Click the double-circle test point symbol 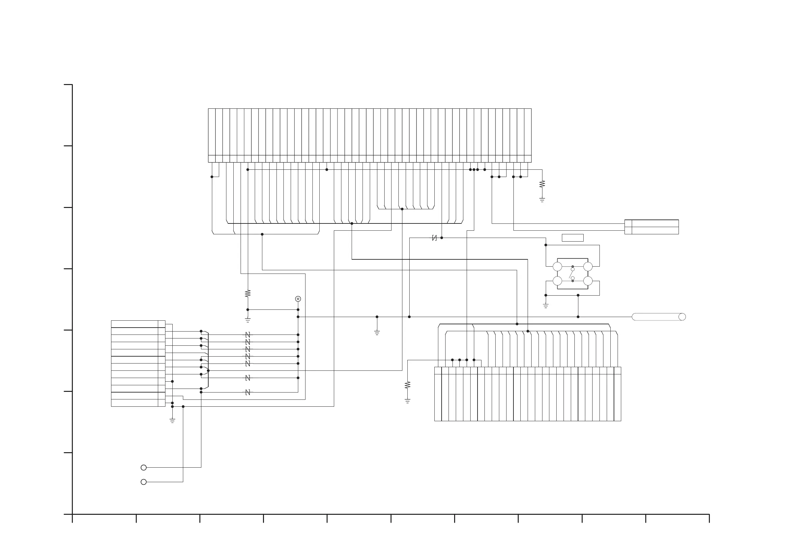298,299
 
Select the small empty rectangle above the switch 572,238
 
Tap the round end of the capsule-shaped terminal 682,317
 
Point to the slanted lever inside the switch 571,274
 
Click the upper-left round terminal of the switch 557,266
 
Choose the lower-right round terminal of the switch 588,281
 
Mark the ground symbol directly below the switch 546,306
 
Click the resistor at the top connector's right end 542,184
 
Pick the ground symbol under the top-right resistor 542,200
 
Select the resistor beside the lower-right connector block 407,385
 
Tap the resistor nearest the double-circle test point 248,293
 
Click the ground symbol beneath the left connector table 172,421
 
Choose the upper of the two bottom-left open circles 144,467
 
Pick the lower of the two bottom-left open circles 144,482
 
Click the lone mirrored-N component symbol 434,238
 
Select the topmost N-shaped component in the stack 248,335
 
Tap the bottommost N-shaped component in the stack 248,392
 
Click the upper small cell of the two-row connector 628,223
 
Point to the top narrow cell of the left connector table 161,324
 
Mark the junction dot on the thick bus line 352,224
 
